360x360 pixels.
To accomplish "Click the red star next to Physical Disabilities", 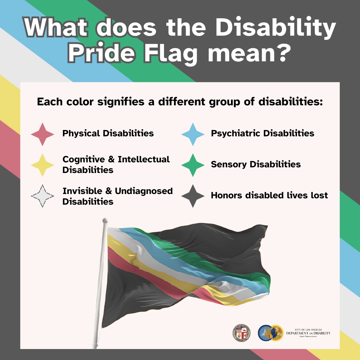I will (42, 134).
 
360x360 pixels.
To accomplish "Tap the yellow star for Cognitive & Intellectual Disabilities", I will (42, 165).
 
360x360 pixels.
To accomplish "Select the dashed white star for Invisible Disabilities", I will (42, 196).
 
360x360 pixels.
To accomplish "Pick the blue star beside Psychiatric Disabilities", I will (193, 134).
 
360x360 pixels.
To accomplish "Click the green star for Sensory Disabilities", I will (193, 165).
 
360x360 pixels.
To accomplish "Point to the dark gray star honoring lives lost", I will (193, 196).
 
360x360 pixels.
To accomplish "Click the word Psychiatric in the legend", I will (236, 134).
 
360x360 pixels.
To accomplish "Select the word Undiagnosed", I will (144, 191).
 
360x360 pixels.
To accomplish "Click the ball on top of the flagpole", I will (105, 220).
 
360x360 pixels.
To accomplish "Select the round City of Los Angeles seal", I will (241, 333).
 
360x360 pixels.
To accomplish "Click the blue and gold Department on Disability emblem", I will (270, 333).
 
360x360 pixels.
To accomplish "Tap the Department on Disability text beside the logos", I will (308, 333).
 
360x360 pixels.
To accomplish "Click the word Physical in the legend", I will (81, 134).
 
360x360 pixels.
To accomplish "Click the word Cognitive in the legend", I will (84, 159).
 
